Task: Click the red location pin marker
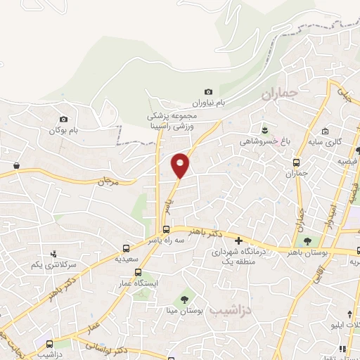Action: point(181,165)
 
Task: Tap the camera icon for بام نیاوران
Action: point(208,92)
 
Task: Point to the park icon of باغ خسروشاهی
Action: point(264,130)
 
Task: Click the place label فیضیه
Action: point(347,161)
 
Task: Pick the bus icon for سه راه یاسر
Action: point(166,229)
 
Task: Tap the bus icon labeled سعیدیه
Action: point(126,248)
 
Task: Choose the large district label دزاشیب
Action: point(251,308)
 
